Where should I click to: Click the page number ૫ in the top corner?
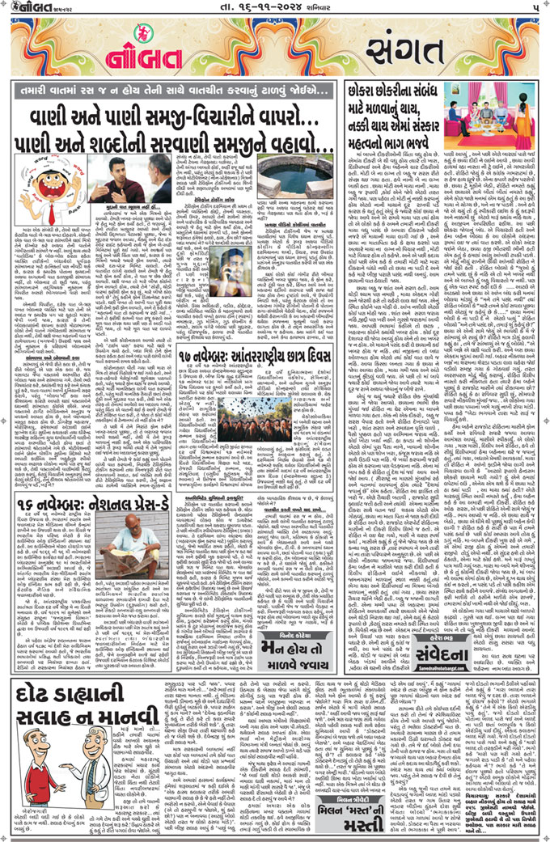tap(535, 8)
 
